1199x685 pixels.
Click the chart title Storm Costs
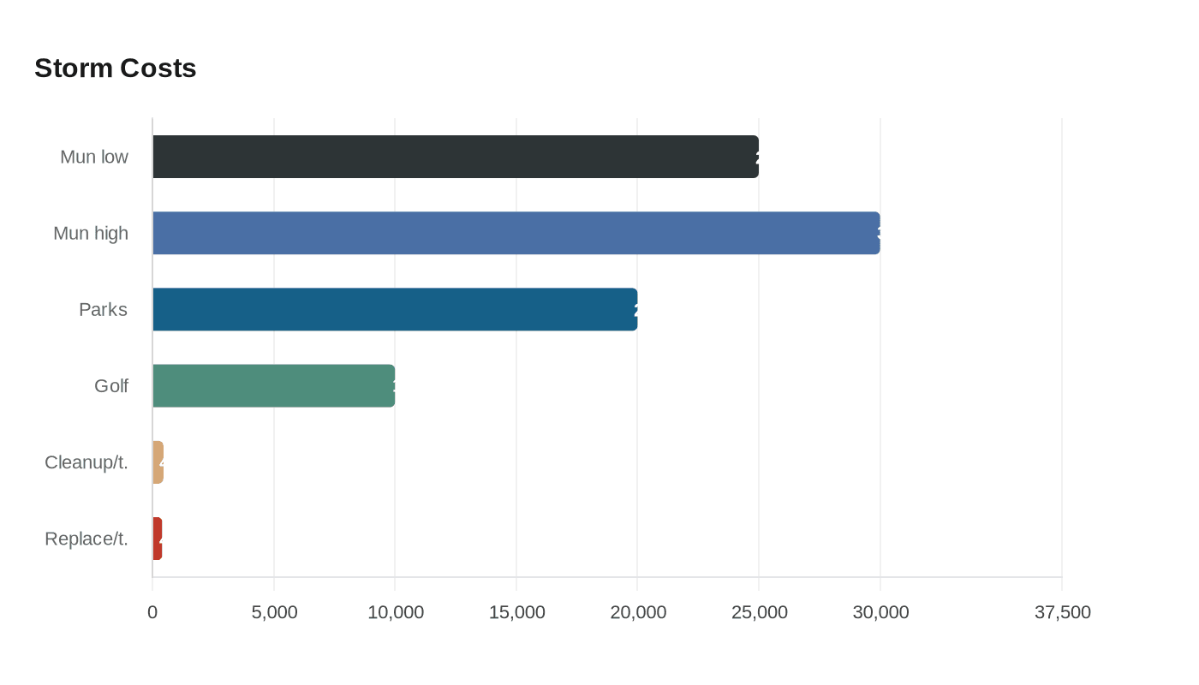pyautogui.click(x=116, y=68)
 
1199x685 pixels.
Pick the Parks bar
pyautogui.click(x=395, y=309)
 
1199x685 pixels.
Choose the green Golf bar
pyautogui.click(x=274, y=385)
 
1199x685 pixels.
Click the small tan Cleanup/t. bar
pyautogui.click(x=158, y=462)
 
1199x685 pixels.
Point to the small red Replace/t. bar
pyautogui.click(x=158, y=539)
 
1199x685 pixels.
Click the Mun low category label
pyautogui.click(x=94, y=158)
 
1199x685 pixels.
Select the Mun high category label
pyautogui.click(x=91, y=234)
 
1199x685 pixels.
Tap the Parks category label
pyautogui.click(x=103, y=310)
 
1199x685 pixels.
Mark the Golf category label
pyautogui.click(x=111, y=386)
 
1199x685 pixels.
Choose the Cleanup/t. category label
pyautogui.click(x=86, y=462)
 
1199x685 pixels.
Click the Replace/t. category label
pyautogui.click(x=86, y=539)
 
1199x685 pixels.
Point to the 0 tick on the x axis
pyautogui.click(x=152, y=612)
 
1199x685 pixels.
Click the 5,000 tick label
pyautogui.click(x=274, y=612)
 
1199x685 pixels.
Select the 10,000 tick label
pyautogui.click(x=396, y=612)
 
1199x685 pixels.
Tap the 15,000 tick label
pyautogui.click(x=516, y=612)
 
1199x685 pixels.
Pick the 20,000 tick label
pyautogui.click(x=638, y=612)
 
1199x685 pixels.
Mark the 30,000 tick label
pyautogui.click(x=880, y=612)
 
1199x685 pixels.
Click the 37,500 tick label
pyautogui.click(x=1062, y=612)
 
